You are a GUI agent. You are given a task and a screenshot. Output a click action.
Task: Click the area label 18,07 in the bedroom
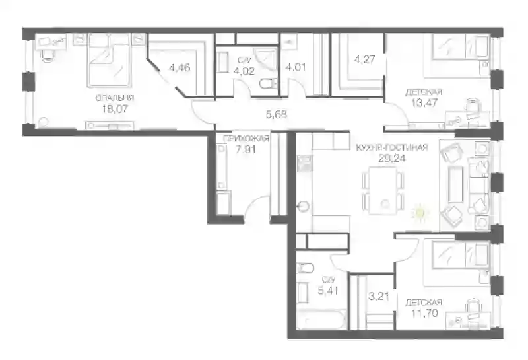click(x=114, y=108)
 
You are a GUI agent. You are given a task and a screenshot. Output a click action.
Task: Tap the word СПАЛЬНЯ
click(x=114, y=98)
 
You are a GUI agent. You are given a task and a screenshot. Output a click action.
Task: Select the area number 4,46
click(x=180, y=67)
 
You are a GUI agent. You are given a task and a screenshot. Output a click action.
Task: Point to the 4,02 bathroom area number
click(x=244, y=71)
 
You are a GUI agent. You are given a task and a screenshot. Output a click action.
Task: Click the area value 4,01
click(x=295, y=67)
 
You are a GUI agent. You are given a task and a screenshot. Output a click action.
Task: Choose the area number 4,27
click(x=364, y=59)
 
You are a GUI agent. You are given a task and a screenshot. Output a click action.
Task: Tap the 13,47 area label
click(x=424, y=102)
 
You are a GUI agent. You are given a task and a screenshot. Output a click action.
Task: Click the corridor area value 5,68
click(x=277, y=114)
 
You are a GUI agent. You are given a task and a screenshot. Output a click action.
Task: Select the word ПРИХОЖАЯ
click(x=246, y=138)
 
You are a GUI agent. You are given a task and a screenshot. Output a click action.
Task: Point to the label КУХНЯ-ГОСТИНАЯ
click(x=392, y=147)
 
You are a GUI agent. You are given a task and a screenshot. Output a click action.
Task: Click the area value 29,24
click(x=392, y=158)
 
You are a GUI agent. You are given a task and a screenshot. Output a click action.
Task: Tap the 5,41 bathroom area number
click(x=328, y=290)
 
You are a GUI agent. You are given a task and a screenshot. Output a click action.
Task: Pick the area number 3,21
click(x=379, y=297)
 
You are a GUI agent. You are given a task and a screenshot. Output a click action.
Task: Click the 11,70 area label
click(x=424, y=313)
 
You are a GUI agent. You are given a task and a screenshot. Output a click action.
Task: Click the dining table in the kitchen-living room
click(x=383, y=190)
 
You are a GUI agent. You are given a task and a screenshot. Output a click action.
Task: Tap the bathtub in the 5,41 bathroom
click(x=321, y=320)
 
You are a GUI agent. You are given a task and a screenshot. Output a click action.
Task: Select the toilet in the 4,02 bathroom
click(x=269, y=83)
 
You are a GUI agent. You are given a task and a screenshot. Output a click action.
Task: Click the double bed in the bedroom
click(x=108, y=60)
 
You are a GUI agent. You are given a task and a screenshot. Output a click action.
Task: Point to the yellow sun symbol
click(x=419, y=212)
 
